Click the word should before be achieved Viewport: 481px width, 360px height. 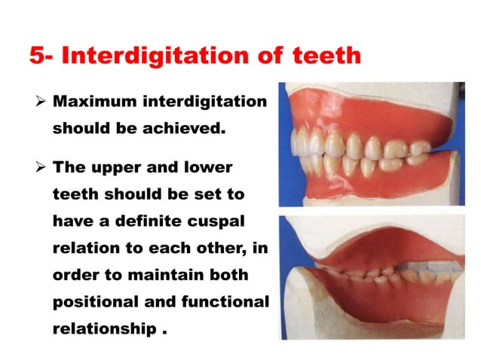click(78, 128)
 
